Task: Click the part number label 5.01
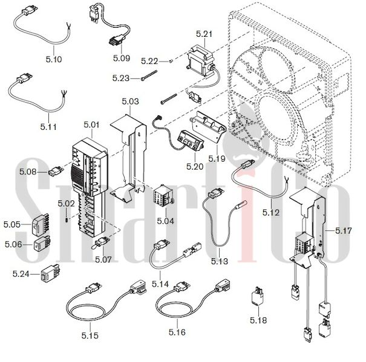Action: [91, 124]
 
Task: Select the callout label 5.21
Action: [204, 34]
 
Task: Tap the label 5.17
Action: [344, 230]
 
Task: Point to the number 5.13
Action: [220, 261]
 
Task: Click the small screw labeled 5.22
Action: [171, 61]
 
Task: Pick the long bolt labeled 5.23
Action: [149, 75]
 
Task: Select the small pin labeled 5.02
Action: [67, 220]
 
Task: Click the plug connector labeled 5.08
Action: [56, 171]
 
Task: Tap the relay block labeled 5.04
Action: [163, 197]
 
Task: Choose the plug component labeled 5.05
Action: [40, 223]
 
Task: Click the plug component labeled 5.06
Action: [42, 244]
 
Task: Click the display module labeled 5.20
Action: [191, 141]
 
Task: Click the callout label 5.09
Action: [122, 58]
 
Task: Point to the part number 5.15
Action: [90, 335]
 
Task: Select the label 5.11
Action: [48, 127]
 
